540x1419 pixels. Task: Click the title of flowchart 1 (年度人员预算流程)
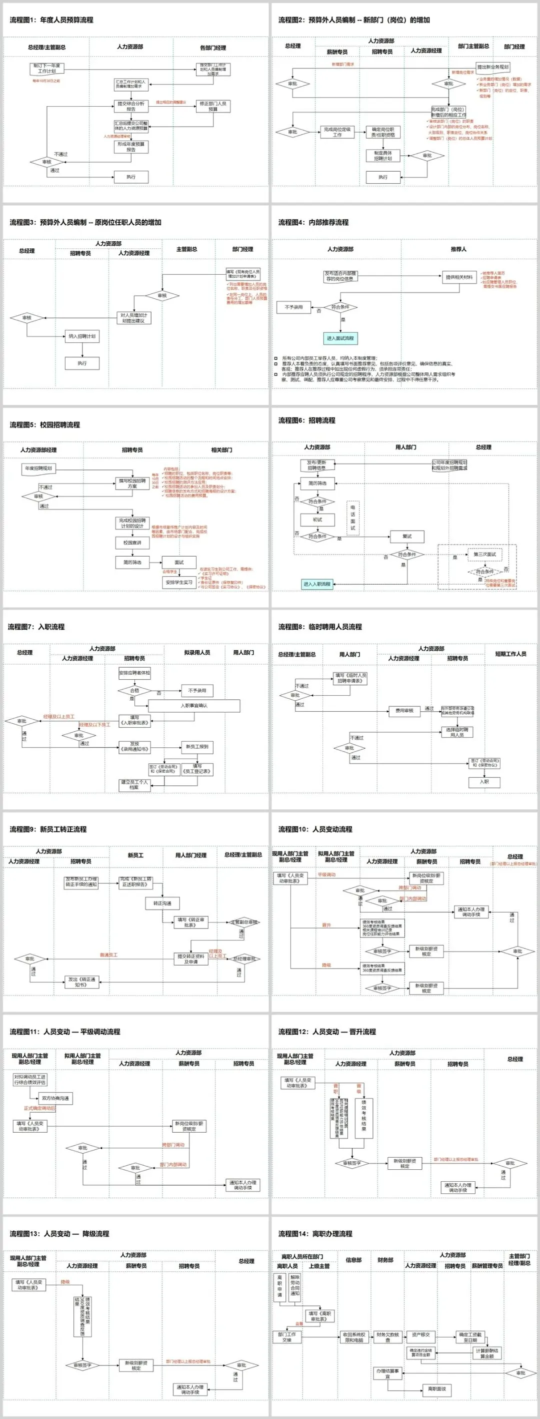[51, 21]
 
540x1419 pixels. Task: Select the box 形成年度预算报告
[131, 147]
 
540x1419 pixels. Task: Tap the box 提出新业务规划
[492, 67]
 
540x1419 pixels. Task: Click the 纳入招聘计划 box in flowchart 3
[82, 336]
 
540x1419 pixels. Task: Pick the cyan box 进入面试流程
[340, 338]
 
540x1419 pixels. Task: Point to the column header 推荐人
[458, 249]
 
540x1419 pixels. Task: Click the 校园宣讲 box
[132, 543]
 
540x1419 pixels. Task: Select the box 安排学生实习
[179, 582]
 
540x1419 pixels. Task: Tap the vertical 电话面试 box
[353, 517]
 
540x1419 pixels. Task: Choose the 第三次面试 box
[485, 554]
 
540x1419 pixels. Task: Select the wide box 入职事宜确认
[194, 706]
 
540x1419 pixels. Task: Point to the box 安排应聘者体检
[134, 673]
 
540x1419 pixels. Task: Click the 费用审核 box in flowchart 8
[404, 711]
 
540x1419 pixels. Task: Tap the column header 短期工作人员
[510, 654]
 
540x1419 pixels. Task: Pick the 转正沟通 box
[162, 903]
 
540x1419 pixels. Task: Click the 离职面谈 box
[436, 1389]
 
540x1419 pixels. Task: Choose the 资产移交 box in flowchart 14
[420, 1335]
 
